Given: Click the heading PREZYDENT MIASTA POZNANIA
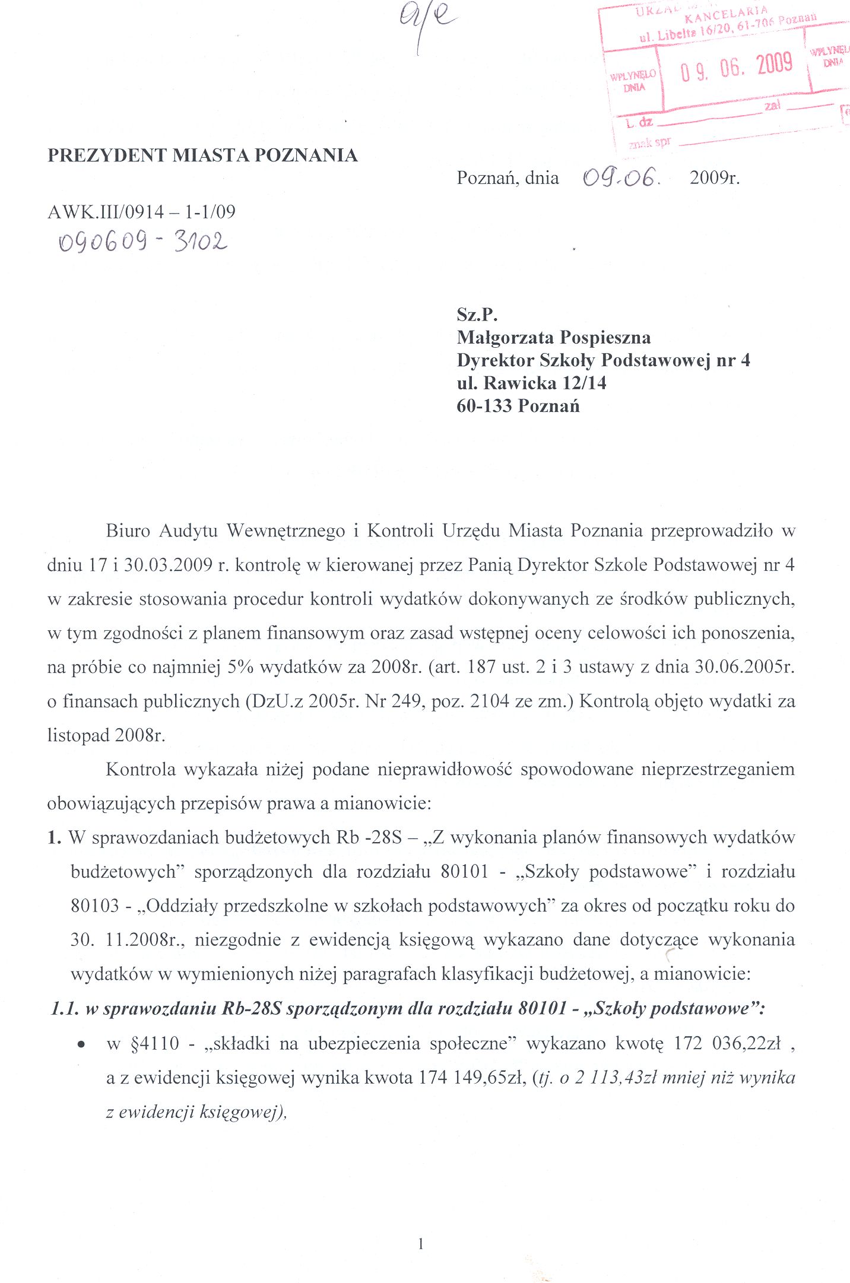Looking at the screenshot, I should pyautogui.click(x=202, y=155).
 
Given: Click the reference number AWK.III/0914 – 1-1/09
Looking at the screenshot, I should pyautogui.click(x=141, y=212).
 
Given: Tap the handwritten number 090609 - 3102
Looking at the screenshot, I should pyautogui.click(x=142, y=242).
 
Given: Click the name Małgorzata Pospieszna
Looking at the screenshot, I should pyautogui.click(x=553, y=338).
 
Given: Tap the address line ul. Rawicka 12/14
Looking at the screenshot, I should pyautogui.click(x=531, y=383).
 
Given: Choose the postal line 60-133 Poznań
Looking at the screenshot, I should pyautogui.click(x=518, y=407).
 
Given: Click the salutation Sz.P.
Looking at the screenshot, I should pyautogui.click(x=477, y=315).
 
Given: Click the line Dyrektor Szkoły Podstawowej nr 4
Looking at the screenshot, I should pyautogui.click(x=603, y=360).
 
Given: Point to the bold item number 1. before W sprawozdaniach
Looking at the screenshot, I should pyautogui.click(x=55, y=838).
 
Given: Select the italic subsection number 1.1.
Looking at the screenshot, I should pyautogui.click(x=65, y=1009).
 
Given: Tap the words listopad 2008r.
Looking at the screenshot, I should pyautogui.click(x=106, y=736).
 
